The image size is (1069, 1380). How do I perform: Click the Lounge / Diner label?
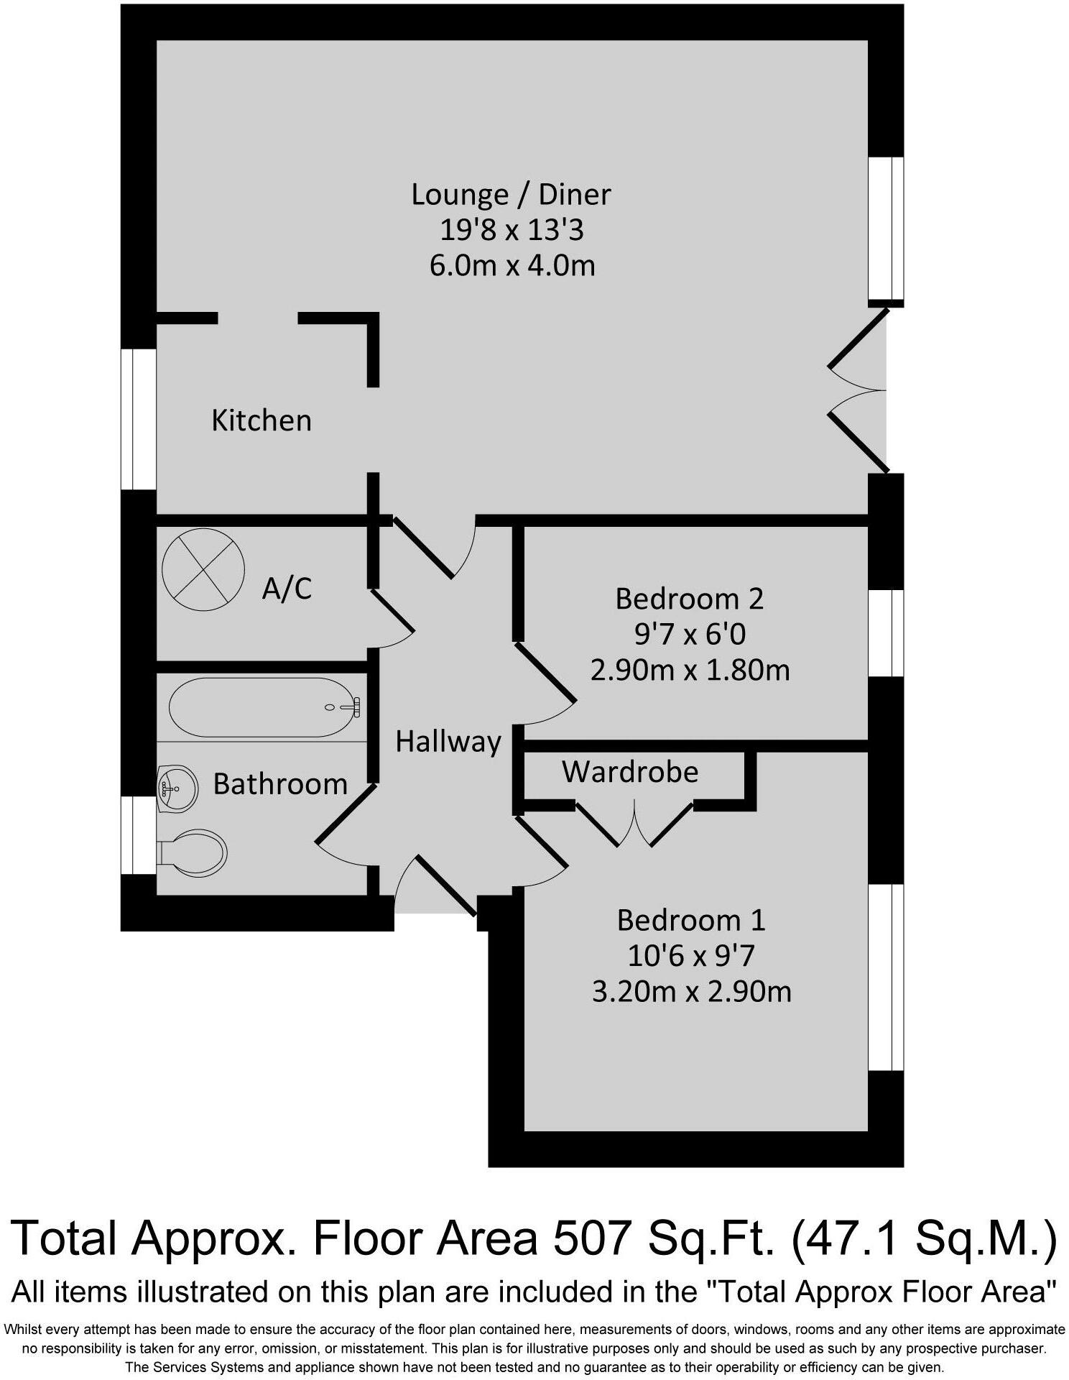click(511, 195)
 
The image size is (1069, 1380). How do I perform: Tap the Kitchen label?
click(262, 420)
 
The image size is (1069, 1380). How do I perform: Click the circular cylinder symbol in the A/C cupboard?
click(203, 569)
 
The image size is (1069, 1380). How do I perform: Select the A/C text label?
click(287, 589)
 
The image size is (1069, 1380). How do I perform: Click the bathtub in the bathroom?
click(263, 707)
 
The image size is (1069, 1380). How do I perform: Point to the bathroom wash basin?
click(177, 788)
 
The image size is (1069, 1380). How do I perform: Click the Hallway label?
click(448, 742)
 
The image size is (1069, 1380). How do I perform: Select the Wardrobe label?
click(630, 772)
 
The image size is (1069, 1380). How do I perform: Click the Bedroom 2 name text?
click(689, 599)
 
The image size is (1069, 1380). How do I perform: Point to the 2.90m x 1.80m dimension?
click(690, 670)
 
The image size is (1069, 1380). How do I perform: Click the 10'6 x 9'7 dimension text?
click(691, 956)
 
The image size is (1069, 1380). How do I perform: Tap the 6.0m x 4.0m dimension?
click(512, 266)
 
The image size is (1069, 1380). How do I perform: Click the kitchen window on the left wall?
click(138, 419)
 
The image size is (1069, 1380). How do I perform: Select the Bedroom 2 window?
click(885, 633)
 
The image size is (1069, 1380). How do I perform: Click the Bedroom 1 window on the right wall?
click(885, 977)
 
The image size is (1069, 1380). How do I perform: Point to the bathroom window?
click(138, 835)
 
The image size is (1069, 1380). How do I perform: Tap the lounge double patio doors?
click(859, 390)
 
